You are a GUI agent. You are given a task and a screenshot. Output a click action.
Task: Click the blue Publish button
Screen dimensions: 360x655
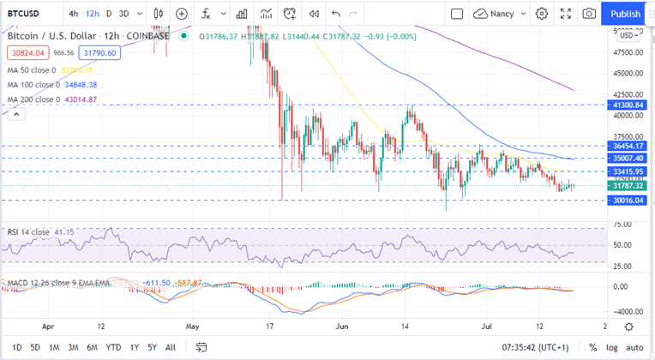[625, 14]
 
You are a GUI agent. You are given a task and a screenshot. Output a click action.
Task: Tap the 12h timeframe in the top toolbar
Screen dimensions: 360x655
[93, 14]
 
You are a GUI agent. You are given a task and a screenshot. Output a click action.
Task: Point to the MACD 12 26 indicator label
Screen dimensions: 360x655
[34, 282]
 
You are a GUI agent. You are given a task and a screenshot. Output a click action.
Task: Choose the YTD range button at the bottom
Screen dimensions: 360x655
[112, 347]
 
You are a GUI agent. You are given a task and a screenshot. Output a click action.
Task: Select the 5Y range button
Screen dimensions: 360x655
[152, 347]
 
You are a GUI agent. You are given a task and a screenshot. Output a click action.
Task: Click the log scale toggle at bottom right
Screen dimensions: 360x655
[610, 347]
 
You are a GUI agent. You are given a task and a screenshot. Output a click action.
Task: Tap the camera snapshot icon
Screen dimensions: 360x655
[589, 14]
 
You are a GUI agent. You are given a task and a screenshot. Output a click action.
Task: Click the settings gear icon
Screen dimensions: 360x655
[542, 14]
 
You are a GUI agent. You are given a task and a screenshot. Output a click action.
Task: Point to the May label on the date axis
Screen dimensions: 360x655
[192, 327]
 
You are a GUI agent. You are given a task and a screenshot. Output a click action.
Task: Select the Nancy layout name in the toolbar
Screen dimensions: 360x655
[501, 14]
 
